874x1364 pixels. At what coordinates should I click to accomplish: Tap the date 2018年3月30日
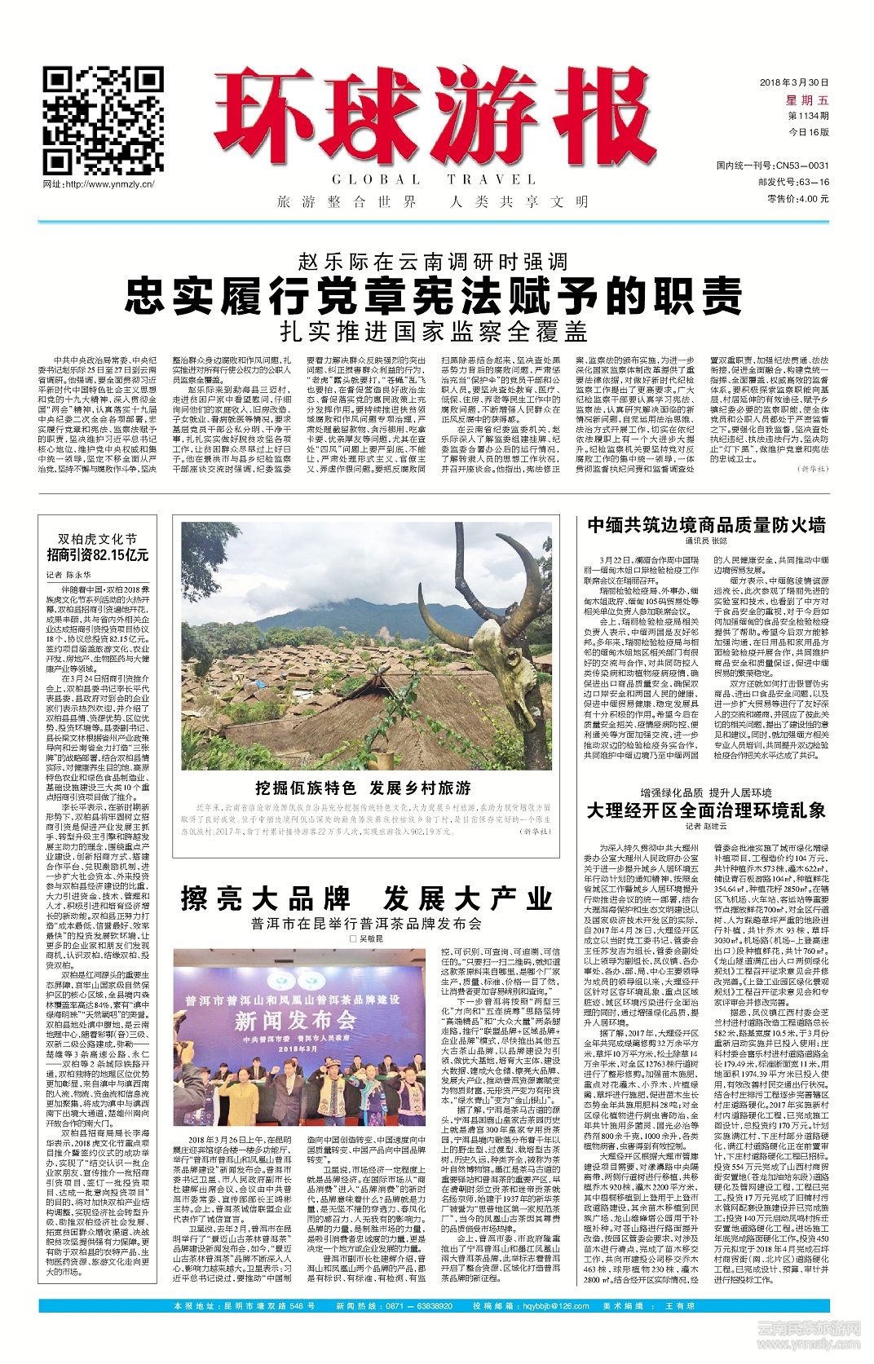[x=793, y=82]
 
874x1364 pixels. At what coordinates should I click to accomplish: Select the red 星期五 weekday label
[x=806, y=99]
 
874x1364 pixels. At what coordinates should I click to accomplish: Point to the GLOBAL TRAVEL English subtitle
[x=434, y=179]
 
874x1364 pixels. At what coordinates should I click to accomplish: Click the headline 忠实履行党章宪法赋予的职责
[x=434, y=295]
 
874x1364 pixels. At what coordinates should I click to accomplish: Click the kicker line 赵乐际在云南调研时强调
[x=434, y=263]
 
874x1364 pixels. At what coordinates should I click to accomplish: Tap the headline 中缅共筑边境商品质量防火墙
[x=706, y=525]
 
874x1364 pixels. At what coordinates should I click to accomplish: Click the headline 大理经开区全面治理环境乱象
[x=706, y=810]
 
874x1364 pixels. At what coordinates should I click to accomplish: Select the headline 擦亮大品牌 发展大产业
[x=366, y=899]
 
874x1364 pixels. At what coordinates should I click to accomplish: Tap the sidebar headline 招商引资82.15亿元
[x=98, y=555]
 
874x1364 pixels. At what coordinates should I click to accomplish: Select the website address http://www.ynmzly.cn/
[x=99, y=184]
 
